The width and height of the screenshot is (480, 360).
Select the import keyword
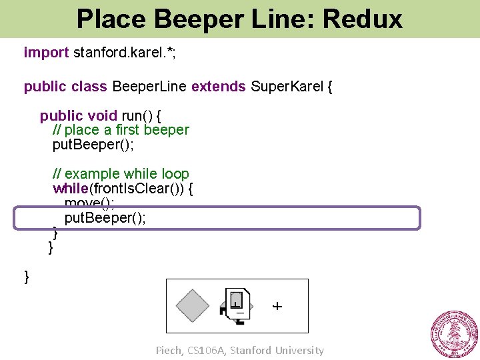(46, 53)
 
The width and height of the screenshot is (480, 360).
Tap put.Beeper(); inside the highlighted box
(105, 219)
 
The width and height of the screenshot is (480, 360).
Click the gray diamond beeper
(192, 306)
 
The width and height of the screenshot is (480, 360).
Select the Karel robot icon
(235, 306)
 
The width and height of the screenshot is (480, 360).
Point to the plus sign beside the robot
(277, 307)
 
